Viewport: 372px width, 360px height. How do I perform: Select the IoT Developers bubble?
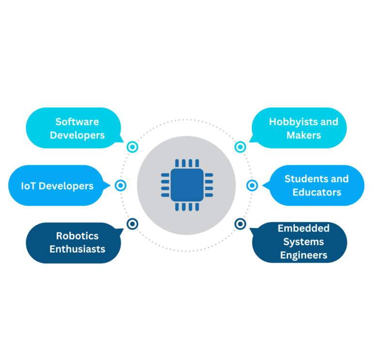point(56,186)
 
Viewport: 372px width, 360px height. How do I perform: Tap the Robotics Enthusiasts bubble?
point(74,243)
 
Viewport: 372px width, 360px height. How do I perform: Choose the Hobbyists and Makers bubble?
point(299,128)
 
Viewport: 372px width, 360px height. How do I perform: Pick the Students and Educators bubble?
point(316,186)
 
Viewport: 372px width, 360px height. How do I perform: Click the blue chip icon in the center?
point(186,185)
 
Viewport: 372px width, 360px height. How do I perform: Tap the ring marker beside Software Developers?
point(132,147)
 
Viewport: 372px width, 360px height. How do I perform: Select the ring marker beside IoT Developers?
point(121,185)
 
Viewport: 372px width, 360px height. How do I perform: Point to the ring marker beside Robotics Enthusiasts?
point(132,224)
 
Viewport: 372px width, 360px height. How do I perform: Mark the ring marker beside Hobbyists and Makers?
point(240,147)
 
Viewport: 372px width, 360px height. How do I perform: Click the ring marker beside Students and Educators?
point(252,185)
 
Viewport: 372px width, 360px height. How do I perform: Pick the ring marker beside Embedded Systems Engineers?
point(240,224)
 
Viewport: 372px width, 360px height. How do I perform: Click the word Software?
point(77,121)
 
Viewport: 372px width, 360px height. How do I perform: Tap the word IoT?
point(29,186)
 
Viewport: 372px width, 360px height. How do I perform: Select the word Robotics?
point(77,236)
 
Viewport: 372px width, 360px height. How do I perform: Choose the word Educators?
point(317,192)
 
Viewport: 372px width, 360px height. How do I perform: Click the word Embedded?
point(304,228)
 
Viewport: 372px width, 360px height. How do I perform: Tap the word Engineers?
point(304,255)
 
